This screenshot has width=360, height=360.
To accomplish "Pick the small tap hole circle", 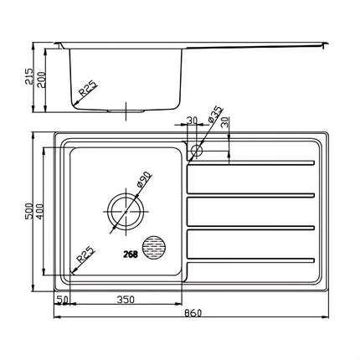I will [x=197, y=152].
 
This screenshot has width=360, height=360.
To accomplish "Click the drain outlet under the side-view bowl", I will [x=125, y=109].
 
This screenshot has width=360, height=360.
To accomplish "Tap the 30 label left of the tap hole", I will [x=192, y=121].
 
